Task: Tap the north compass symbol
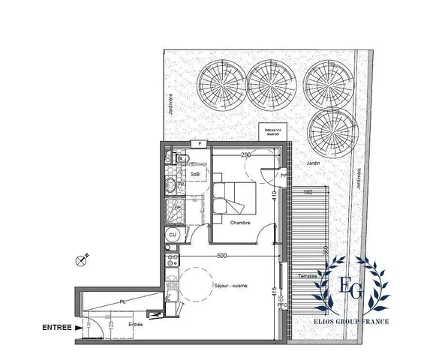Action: coord(82,260)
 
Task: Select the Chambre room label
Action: coord(240,223)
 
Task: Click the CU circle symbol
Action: coord(172,235)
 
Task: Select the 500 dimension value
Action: coord(223,256)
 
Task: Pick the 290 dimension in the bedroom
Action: coord(245,155)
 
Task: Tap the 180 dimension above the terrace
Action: coord(308,192)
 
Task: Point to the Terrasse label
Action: coord(307,277)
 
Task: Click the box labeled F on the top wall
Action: coord(200,143)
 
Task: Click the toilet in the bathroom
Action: coord(172,185)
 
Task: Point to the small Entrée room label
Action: coord(136,324)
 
